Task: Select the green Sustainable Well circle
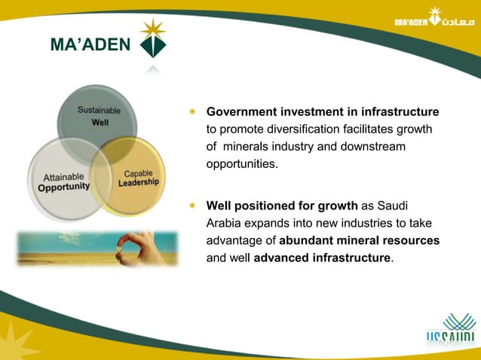coord(98,113)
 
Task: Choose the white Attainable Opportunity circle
coord(64,181)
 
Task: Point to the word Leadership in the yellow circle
coord(139,182)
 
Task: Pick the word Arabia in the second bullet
coord(225,223)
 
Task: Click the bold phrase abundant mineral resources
coord(359,240)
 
